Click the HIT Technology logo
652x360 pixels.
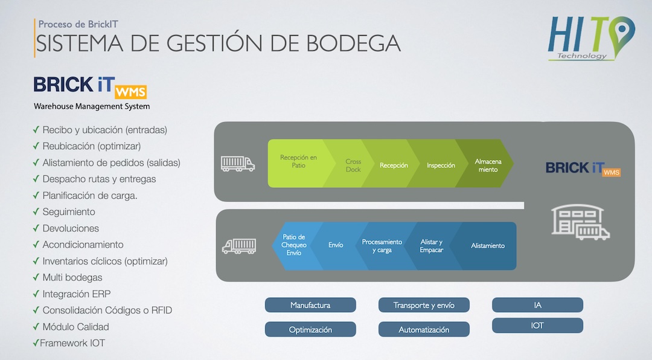click(591, 39)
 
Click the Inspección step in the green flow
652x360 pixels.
click(441, 166)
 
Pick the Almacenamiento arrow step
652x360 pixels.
click(488, 166)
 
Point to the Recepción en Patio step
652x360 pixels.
click(299, 163)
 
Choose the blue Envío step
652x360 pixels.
click(336, 245)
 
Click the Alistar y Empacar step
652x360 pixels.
click(431, 246)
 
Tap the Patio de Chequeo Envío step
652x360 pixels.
click(294, 245)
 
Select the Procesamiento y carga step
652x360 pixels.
click(382, 246)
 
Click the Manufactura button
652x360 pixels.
click(310, 305)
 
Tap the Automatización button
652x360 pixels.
click(424, 330)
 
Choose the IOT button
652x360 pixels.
click(537, 326)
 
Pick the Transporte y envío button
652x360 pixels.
click(424, 305)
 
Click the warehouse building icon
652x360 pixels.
click(580, 222)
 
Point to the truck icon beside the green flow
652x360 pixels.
click(237, 164)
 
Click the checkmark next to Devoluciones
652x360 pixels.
click(36, 228)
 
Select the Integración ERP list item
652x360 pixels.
click(77, 294)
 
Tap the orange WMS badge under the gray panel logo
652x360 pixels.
click(611, 172)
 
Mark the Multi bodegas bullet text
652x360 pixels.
click(72, 278)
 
